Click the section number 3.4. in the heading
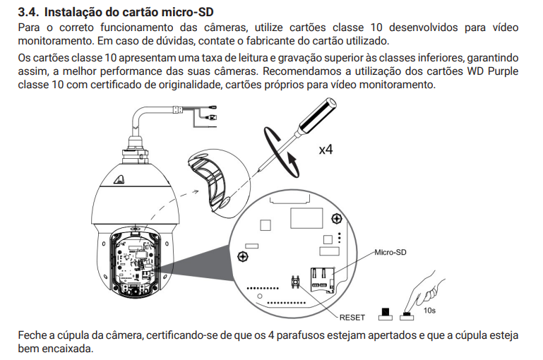(x=28, y=12)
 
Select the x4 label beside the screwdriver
(x=326, y=150)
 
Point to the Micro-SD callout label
(x=390, y=252)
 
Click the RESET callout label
(x=352, y=318)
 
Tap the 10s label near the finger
(x=429, y=311)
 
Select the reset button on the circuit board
(x=295, y=282)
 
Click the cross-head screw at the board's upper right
(x=337, y=218)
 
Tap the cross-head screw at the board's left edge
(x=243, y=257)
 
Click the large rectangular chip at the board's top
(x=306, y=217)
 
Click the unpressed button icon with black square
(x=385, y=314)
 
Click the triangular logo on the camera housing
(x=119, y=179)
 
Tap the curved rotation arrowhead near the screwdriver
(x=292, y=160)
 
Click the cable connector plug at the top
(x=212, y=117)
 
